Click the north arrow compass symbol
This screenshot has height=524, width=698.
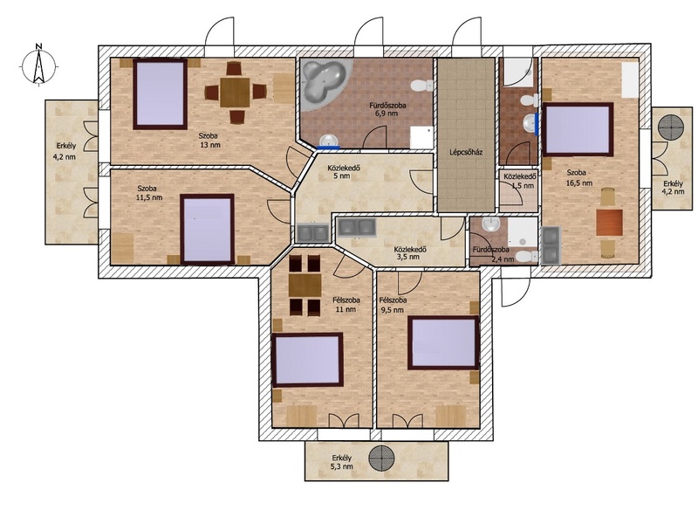[x=39, y=65]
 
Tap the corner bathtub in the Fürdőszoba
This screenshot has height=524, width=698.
[x=324, y=83]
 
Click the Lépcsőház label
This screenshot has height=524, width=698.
[x=466, y=152]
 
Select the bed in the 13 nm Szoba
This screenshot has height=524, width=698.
[x=161, y=94]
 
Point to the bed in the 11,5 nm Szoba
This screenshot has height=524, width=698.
[x=208, y=229]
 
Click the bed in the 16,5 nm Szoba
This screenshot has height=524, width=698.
[x=578, y=129]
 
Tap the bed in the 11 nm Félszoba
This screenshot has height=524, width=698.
[x=308, y=360]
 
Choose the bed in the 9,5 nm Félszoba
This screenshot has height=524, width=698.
[x=443, y=342]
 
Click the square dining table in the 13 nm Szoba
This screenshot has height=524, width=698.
[x=235, y=93]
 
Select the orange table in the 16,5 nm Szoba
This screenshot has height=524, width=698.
[x=609, y=223]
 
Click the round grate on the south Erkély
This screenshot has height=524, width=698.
[x=381, y=458]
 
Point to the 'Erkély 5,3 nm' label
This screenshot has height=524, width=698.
[x=342, y=462]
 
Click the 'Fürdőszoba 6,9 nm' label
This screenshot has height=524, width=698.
[x=387, y=110]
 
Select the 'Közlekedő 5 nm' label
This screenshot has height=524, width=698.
[x=344, y=172]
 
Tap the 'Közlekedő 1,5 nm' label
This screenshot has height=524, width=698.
[x=520, y=181]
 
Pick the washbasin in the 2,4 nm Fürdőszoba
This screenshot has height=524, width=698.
[x=491, y=225]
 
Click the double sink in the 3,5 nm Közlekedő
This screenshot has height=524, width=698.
[x=357, y=227]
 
